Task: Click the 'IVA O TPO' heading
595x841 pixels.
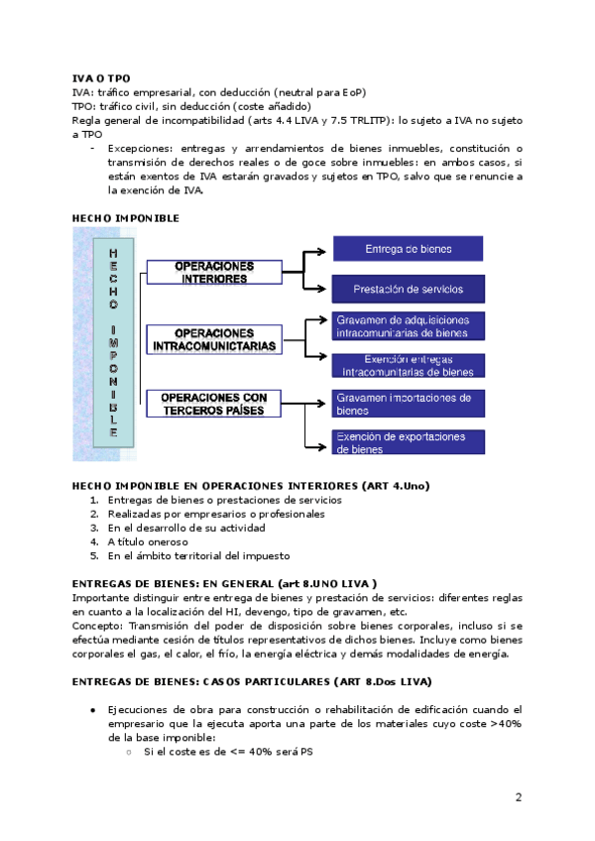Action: pyautogui.click(x=101, y=77)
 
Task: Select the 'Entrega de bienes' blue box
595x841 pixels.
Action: pyautogui.click(x=407, y=248)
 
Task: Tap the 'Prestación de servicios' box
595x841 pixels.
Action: pyautogui.click(x=407, y=290)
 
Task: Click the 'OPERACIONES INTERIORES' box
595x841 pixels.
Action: pyautogui.click(x=214, y=273)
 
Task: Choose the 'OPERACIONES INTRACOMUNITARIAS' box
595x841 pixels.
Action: pyautogui.click(x=214, y=339)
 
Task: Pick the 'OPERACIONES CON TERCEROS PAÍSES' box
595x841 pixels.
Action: pyautogui.click(x=214, y=404)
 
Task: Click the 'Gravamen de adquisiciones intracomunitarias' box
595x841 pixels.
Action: pyautogui.click(x=407, y=326)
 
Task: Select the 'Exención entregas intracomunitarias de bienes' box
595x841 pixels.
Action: pyautogui.click(x=407, y=365)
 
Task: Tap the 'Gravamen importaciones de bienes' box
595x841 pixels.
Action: pyautogui.click(x=407, y=403)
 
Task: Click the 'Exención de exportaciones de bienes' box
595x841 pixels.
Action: pyautogui.click(x=407, y=442)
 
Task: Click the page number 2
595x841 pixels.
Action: pyautogui.click(x=518, y=797)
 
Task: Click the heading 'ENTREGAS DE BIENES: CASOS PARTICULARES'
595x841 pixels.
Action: pyautogui.click(x=253, y=682)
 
